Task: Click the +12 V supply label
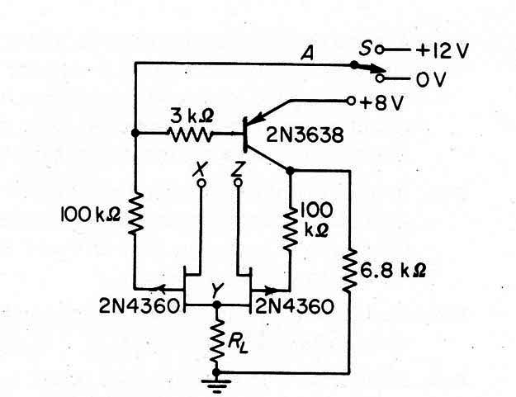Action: pos(442,51)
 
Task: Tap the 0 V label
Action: pos(431,79)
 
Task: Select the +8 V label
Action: pos(381,103)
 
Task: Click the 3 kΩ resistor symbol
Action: pos(190,135)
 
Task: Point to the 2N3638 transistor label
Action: pos(305,135)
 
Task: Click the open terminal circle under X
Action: pos(201,183)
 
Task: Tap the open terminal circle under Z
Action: pos(239,182)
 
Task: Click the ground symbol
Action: pos(216,385)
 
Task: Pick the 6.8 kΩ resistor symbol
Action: pos(349,271)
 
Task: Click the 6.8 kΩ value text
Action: pos(393,271)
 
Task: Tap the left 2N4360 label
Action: pos(140,306)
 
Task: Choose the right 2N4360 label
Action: pos(295,306)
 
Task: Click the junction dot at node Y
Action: pos(216,305)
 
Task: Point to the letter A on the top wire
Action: pos(307,54)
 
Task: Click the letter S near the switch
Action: pos(366,49)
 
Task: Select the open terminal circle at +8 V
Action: pos(351,101)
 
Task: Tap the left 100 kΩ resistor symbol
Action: pos(135,213)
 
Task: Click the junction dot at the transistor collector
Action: pos(290,171)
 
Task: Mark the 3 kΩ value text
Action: pos(192,116)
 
